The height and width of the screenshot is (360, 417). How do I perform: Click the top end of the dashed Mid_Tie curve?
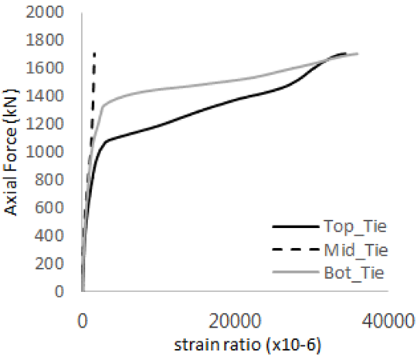94,53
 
